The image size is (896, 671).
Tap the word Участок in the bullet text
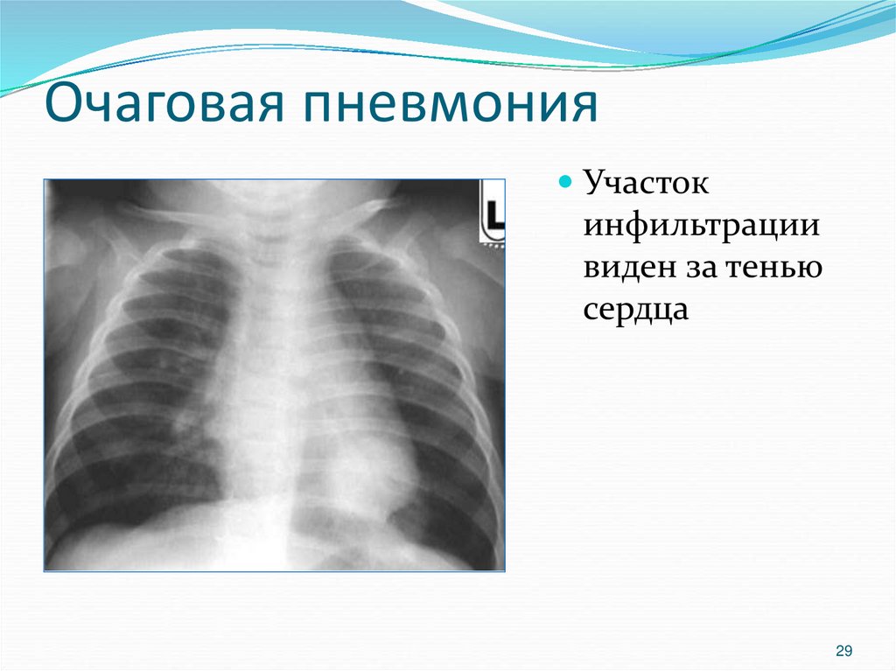pos(646,185)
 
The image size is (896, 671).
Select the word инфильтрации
pos(703,227)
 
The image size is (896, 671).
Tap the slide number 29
pos(844,650)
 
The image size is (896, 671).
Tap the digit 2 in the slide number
pos(840,650)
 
